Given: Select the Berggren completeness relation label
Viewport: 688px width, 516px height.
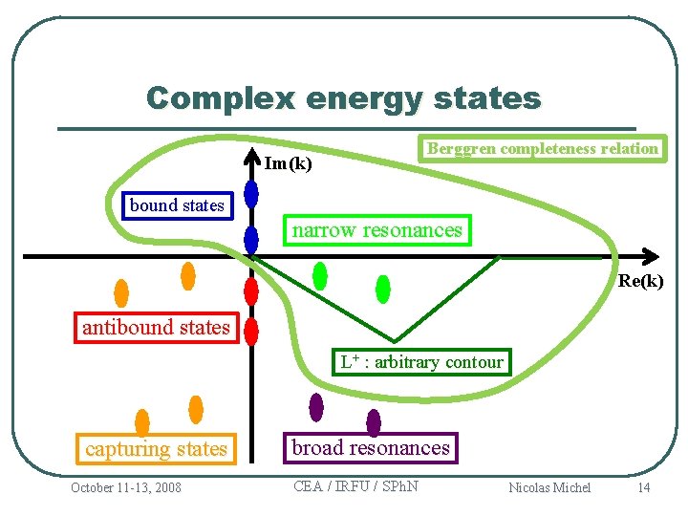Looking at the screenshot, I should click(x=542, y=148).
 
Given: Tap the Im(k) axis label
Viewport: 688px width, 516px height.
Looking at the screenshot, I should click(x=288, y=163).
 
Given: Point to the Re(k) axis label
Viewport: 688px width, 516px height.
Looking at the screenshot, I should click(x=640, y=281).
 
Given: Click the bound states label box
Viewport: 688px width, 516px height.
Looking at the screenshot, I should click(x=177, y=205).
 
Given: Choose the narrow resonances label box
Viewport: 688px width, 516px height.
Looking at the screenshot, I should click(x=376, y=230).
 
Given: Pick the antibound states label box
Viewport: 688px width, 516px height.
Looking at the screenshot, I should click(x=156, y=328).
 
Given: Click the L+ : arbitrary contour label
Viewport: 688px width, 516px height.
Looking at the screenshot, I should click(x=421, y=362).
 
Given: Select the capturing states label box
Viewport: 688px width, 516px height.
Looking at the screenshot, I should click(x=156, y=449).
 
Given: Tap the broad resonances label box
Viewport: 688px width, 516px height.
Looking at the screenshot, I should click(x=370, y=448).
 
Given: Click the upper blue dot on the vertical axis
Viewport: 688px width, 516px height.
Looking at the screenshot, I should click(x=251, y=194).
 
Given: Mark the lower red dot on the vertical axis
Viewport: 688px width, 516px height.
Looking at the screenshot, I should click(x=251, y=331).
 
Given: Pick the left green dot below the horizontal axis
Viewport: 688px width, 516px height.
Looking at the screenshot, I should click(x=320, y=276).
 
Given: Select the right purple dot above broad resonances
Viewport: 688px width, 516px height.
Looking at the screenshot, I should click(x=374, y=421).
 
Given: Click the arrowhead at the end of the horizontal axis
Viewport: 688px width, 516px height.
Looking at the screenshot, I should click(x=651, y=256).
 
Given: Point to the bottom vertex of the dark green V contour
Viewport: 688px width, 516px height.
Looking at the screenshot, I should click(x=395, y=341).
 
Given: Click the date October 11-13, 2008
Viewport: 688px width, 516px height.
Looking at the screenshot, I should click(x=125, y=488).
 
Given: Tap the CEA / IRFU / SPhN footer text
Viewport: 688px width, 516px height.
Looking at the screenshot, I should click(x=355, y=486).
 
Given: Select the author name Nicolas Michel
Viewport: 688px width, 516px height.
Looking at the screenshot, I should click(x=549, y=488).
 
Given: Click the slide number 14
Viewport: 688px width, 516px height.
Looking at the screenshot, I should click(x=644, y=488).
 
